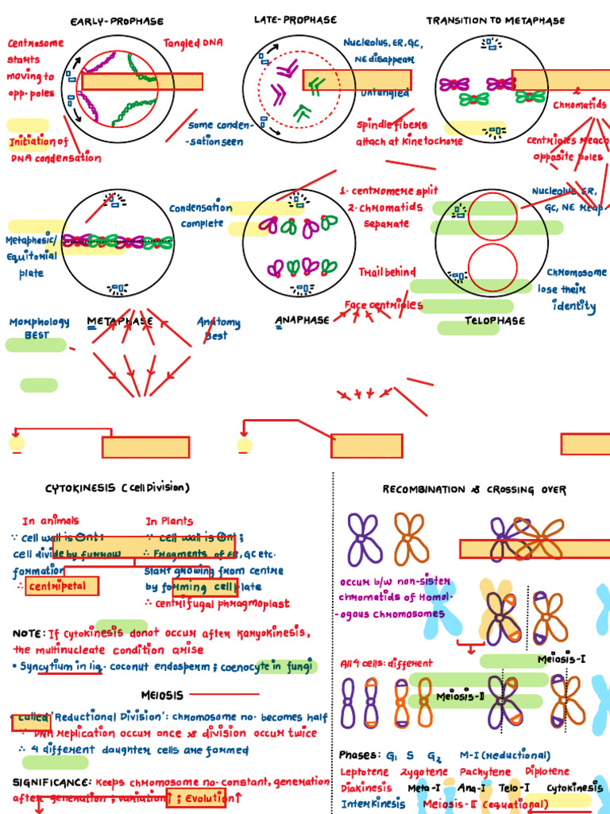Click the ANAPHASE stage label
click(x=302, y=320)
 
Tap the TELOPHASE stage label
click(x=495, y=321)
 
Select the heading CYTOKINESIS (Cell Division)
click(x=118, y=487)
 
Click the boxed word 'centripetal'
click(x=62, y=587)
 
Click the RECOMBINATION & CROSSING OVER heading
click(x=474, y=490)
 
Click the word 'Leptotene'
click(x=365, y=772)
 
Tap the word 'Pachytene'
click(x=488, y=772)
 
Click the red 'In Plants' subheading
click(x=169, y=521)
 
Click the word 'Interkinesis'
click(x=373, y=804)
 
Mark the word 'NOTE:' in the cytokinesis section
click(x=28, y=634)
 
